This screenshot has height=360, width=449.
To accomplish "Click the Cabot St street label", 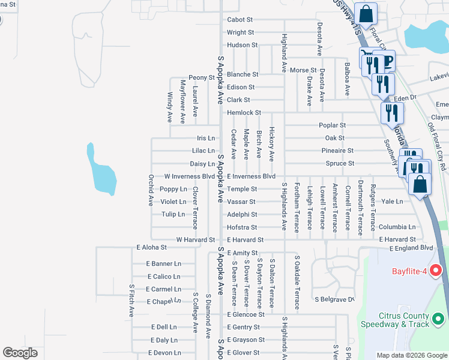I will point(240,20).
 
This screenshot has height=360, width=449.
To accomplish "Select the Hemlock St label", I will point(244,113).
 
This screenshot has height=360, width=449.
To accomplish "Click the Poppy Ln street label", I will point(173,189).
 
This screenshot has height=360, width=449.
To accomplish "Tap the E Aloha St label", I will point(151,247).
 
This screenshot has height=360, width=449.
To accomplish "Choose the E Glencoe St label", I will point(246,314).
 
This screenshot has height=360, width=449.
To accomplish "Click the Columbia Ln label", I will point(397,227).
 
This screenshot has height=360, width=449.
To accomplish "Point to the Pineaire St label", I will point(337,151).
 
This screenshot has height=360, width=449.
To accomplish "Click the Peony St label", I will point(202,78).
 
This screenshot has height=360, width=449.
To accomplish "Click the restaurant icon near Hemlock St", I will point(392,112).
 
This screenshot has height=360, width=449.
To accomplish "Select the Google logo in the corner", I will point(20,353).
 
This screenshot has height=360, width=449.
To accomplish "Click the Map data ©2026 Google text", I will point(411,355).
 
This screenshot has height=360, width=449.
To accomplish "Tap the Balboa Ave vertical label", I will point(347,79).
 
